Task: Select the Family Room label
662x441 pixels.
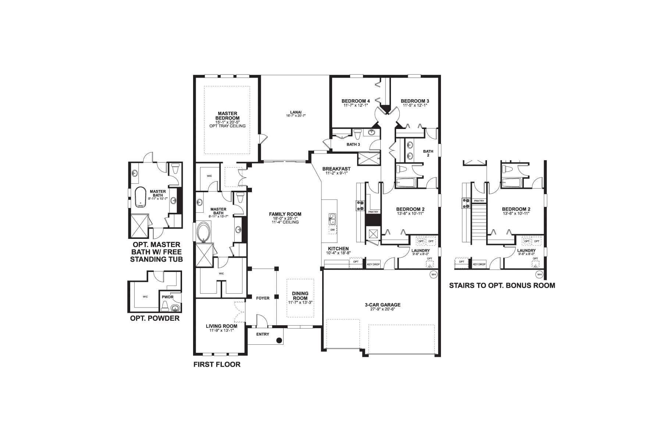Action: [285, 214]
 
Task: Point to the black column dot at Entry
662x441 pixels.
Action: [279, 340]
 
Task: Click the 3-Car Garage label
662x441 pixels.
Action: [382, 305]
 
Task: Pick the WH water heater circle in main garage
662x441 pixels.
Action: [433, 274]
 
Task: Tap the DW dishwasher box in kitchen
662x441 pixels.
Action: [332, 230]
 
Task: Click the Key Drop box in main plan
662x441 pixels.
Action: [373, 264]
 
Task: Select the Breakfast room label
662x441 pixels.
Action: [336, 169]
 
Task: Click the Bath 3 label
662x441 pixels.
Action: [353, 144]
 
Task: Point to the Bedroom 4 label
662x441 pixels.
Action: [355, 101]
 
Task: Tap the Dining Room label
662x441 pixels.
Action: [300, 296]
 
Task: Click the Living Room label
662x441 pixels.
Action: [221, 326]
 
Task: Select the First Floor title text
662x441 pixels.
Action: [217, 365]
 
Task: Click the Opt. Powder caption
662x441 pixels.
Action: [155, 318]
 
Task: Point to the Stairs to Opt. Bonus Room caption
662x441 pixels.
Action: [502, 286]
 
